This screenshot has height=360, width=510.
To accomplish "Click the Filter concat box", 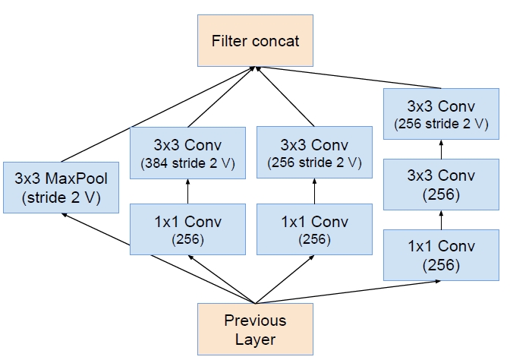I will point(255,39).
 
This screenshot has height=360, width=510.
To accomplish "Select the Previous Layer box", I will point(254,330).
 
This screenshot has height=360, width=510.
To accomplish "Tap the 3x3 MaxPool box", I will point(61,189).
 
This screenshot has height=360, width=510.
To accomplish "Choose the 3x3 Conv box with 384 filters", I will point(188,152).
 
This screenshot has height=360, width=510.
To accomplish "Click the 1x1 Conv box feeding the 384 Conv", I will point(188,229).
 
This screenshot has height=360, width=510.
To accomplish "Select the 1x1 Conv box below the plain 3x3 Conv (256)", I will point(440,255).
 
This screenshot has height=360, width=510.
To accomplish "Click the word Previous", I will point(254,321).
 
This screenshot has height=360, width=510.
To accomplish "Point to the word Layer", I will point(254,339).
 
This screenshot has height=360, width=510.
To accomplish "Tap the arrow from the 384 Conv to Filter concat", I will point(220,97).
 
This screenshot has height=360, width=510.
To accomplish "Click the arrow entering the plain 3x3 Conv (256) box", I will point(440,220).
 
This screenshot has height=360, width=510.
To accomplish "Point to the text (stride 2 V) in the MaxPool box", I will point(61,201).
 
